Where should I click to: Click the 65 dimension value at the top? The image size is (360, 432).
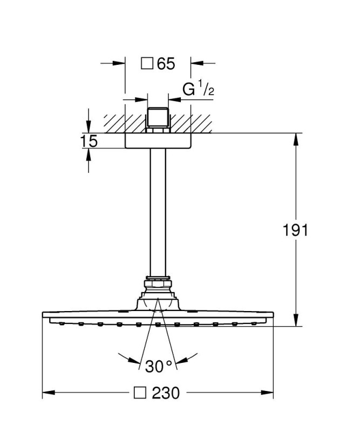click(x=166, y=64)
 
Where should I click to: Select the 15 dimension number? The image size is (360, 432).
click(x=89, y=141)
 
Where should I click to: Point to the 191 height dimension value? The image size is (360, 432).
click(x=295, y=230)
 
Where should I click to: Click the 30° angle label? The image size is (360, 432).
click(x=158, y=366)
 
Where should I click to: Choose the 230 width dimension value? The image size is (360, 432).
click(x=166, y=393)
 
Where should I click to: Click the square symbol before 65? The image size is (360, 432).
click(x=147, y=63)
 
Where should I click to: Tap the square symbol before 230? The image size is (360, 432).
click(x=140, y=393)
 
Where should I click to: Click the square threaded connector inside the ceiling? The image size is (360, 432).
click(x=158, y=117)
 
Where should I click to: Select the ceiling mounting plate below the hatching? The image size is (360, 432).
click(x=158, y=141)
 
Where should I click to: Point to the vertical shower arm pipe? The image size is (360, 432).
click(x=158, y=212)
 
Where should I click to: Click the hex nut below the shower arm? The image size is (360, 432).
click(x=158, y=284)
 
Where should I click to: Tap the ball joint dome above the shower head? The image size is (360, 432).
click(x=158, y=304)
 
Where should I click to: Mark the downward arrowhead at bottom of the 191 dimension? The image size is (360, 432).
click(x=296, y=321)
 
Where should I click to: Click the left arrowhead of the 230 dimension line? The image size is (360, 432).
click(x=49, y=393)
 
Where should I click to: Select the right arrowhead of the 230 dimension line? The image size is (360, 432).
click(x=267, y=393)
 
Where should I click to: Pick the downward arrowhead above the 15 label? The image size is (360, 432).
click(x=89, y=127)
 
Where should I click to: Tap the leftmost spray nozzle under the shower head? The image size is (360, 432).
click(x=62, y=323)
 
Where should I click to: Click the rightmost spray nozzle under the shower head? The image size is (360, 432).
click(x=254, y=323)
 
